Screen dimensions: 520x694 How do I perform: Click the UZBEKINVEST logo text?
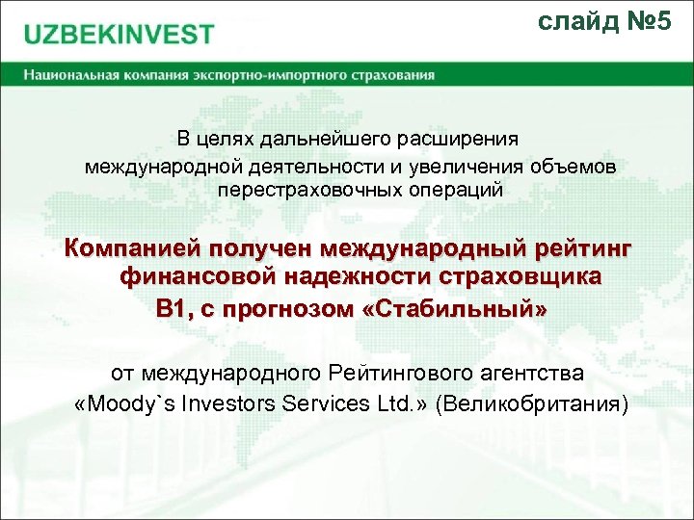pyautogui.click(x=119, y=35)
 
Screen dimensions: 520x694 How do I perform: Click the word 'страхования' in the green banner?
pyautogui.click(x=396, y=74)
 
